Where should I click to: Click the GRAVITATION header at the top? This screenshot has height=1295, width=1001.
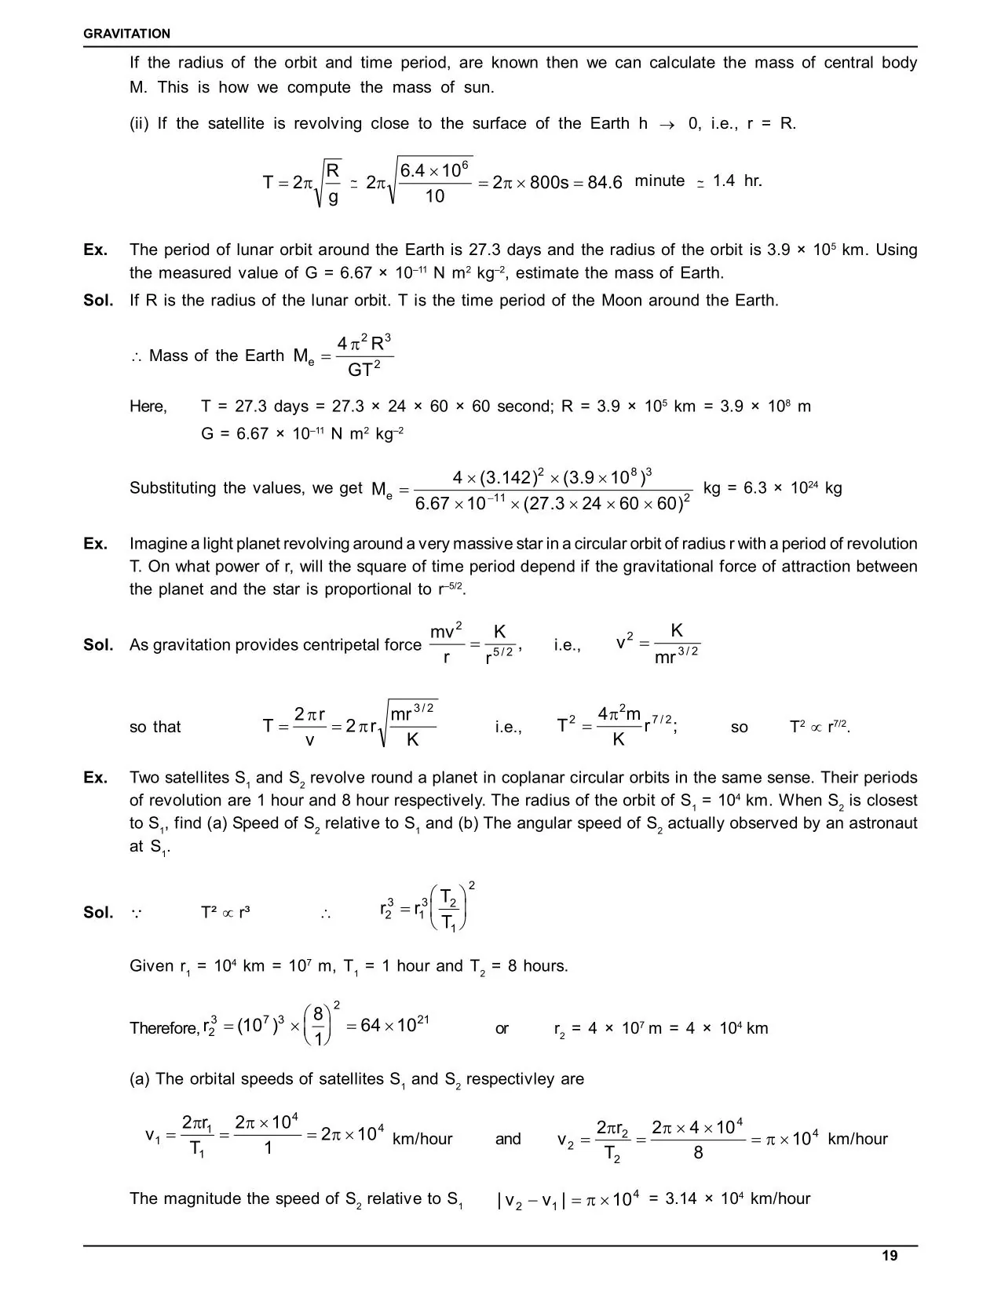tap(126, 34)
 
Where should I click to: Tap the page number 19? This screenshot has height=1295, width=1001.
tap(890, 1256)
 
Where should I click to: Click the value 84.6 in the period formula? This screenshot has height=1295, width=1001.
tap(605, 182)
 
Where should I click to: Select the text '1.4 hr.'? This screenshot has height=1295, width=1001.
tap(737, 181)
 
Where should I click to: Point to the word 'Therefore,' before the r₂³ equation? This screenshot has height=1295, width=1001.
tap(164, 1028)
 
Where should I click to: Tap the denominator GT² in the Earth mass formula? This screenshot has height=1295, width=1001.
tap(364, 369)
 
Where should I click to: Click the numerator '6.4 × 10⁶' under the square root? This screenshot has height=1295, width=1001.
tap(435, 170)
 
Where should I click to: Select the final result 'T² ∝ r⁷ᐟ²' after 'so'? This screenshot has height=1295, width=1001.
tap(819, 726)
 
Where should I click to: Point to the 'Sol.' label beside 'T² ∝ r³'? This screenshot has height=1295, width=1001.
tap(99, 912)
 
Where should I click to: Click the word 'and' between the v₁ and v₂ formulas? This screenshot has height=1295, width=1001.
tap(508, 1138)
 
